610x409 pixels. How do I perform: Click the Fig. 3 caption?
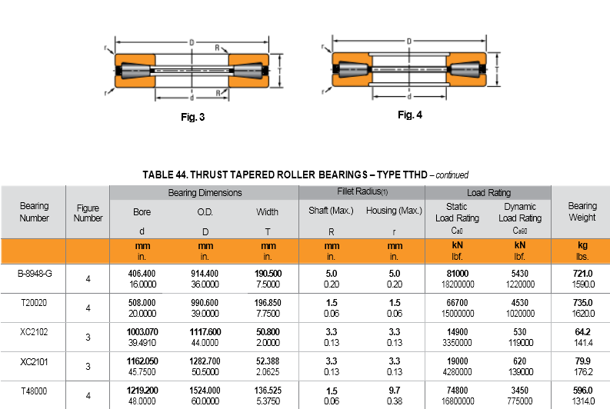point(192,117)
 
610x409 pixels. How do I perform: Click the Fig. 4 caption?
point(410,115)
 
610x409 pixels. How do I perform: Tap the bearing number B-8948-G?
point(35,274)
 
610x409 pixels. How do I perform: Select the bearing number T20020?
point(34,303)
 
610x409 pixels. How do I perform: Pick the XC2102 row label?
point(34,332)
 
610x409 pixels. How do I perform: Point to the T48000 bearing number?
point(34,391)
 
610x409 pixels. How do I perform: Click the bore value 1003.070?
point(142,332)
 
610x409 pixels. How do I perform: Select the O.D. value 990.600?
point(205,303)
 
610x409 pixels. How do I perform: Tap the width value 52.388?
point(268,361)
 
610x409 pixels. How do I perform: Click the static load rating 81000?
point(458,274)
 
